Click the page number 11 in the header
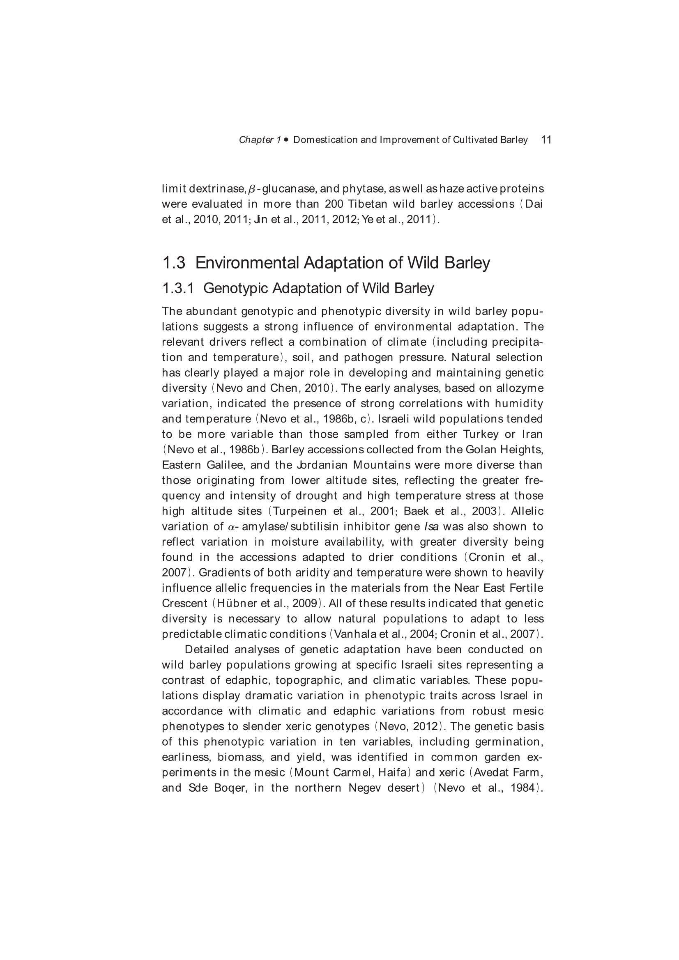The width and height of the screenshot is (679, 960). [x=546, y=140]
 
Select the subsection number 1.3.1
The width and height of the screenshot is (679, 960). [x=178, y=289]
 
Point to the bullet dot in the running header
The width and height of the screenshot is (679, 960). [x=286, y=140]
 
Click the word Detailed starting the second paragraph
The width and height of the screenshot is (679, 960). [x=207, y=650]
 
